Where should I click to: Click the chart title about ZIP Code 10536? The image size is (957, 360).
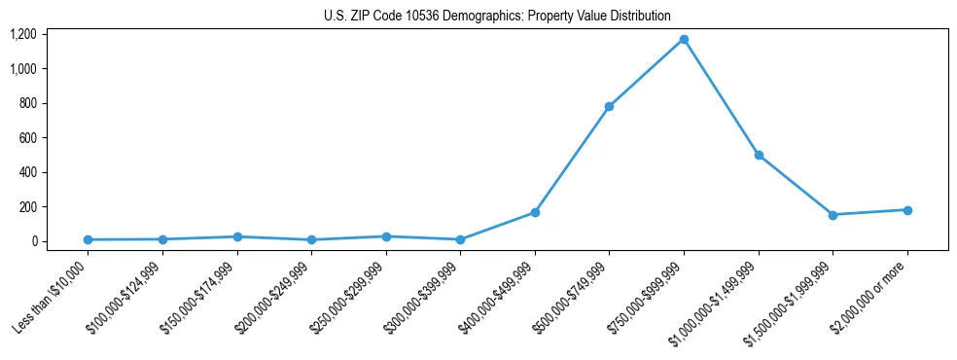click(497, 16)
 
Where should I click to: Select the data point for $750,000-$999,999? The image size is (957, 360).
click(684, 39)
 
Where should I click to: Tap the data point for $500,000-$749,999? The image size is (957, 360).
click(609, 106)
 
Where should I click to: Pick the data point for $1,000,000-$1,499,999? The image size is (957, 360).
click(759, 155)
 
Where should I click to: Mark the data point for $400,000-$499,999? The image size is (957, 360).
click(535, 212)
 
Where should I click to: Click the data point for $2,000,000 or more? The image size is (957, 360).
click(907, 210)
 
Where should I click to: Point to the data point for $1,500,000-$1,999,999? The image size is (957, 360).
click(833, 215)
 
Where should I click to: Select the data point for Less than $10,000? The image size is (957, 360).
click(88, 239)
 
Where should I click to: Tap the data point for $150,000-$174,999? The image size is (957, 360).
click(237, 236)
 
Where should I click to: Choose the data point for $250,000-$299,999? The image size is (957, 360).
click(386, 236)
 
